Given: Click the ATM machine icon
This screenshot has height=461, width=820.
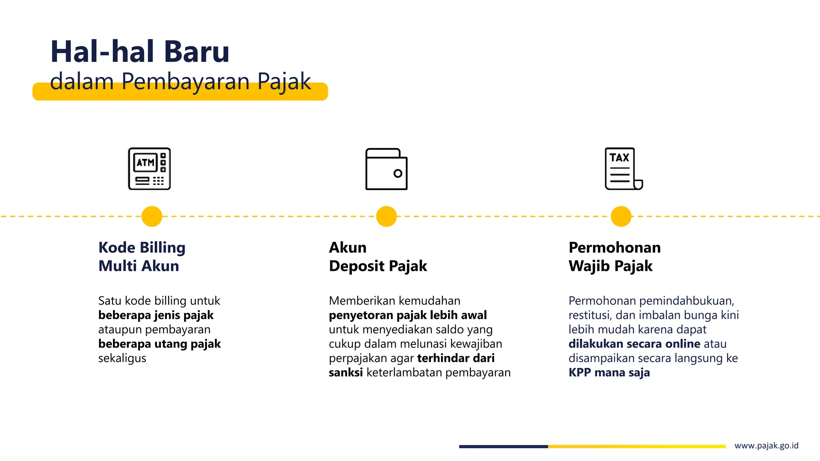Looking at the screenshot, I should tap(149, 168).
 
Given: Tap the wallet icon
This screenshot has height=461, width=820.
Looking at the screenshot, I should tap(386, 169).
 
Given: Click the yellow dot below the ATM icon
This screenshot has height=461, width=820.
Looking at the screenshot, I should tap(152, 216).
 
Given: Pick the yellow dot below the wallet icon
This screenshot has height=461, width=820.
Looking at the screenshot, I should tap(386, 216).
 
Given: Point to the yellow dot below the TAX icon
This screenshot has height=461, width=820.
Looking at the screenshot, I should tap(621, 216).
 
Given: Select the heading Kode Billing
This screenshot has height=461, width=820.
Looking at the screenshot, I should tap(142, 248).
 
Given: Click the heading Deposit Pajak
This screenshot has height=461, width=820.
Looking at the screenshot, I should tap(378, 266).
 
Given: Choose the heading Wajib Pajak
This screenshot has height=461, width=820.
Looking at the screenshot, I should tap(611, 266).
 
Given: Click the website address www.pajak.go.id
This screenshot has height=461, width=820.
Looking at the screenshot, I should tap(766, 446).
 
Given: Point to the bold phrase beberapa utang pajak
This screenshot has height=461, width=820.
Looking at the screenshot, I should tap(159, 344).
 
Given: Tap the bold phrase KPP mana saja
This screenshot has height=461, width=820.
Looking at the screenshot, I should tap(609, 373).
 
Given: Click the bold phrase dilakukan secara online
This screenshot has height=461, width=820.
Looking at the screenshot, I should tap(634, 344).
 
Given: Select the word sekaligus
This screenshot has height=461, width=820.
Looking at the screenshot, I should tap(122, 358).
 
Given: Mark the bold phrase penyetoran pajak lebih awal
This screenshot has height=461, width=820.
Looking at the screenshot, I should tap(408, 315).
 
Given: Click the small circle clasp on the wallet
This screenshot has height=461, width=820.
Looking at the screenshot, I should tap(398, 174).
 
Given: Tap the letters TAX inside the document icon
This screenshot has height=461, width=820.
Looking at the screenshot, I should tap(619, 158).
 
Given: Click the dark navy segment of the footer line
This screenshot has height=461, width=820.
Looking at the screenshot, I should tap(503, 447).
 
